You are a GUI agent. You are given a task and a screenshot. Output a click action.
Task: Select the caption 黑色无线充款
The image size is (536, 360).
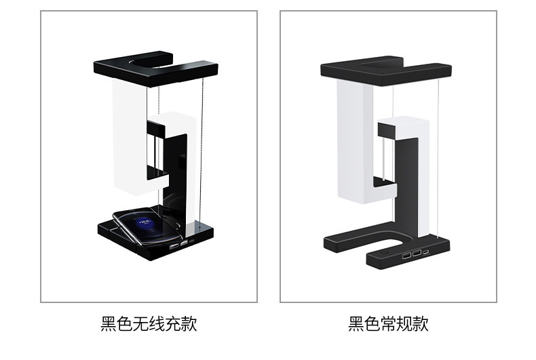tap(149, 323)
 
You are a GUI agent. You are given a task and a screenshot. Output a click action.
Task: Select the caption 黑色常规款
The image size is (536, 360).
tap(388, 323)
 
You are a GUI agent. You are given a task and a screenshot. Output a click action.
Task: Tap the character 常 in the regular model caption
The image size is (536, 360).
tap(389, 323)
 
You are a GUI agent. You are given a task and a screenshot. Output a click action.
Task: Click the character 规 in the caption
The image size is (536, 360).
tap(405, 323)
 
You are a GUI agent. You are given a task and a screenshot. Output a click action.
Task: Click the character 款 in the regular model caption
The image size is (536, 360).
tap(421, 323)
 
